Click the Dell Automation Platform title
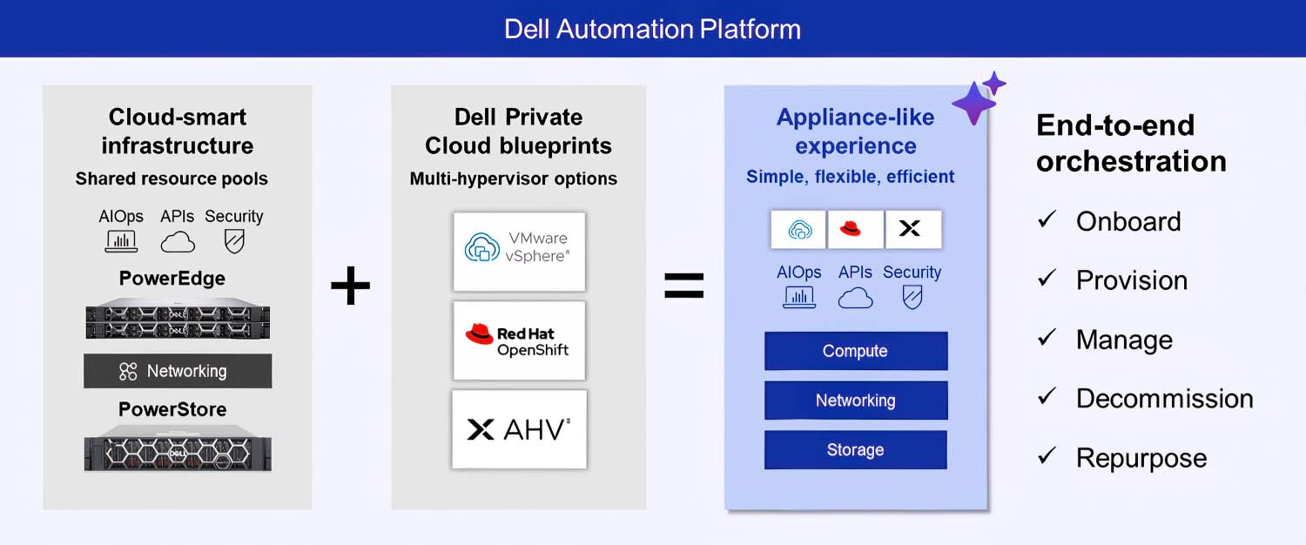tap(652, 29)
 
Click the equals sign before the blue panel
tap(684, 286)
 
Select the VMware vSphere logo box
tap(519, 251)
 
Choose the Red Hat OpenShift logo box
tap(519, 340)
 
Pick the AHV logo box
tap(519, 429)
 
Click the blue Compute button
tap(855, 351)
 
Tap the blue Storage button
tap(855, 450)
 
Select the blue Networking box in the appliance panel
tap(855, 400)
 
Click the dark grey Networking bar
tap(178, 371)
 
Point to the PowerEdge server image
tap(178, 319)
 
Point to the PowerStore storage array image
tap(178, 449)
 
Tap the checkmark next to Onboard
tap(1047, 220)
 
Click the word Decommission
tap(1164, 399)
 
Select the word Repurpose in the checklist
tap(1141, 458)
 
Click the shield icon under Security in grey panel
tap(234, 241)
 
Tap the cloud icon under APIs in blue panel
tap(855, 298)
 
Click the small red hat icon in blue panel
tap(855, 229)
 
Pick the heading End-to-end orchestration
tap(1130, 143)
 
